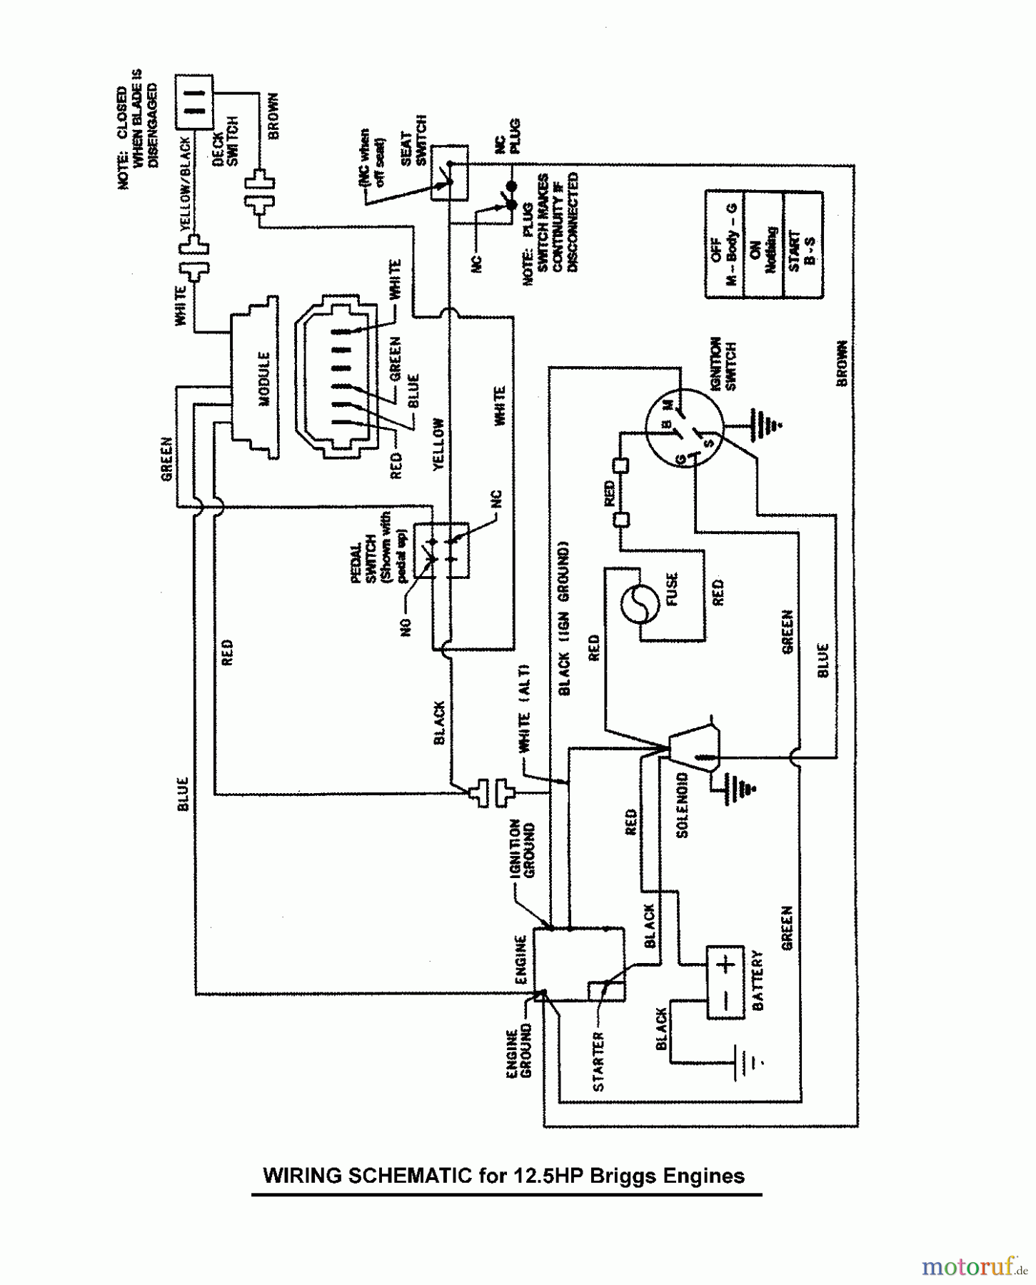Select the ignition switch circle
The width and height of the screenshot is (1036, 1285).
pos(683,429)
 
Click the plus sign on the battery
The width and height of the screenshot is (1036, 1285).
pos(726,965)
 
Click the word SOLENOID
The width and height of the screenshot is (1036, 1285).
pos(682,805)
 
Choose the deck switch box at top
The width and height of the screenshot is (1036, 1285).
pos(193,101)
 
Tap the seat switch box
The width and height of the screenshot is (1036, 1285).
pos(450,172)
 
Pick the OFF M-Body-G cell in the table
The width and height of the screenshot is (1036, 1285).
pos(724,244)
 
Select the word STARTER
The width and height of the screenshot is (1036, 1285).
pos(598,1062)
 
